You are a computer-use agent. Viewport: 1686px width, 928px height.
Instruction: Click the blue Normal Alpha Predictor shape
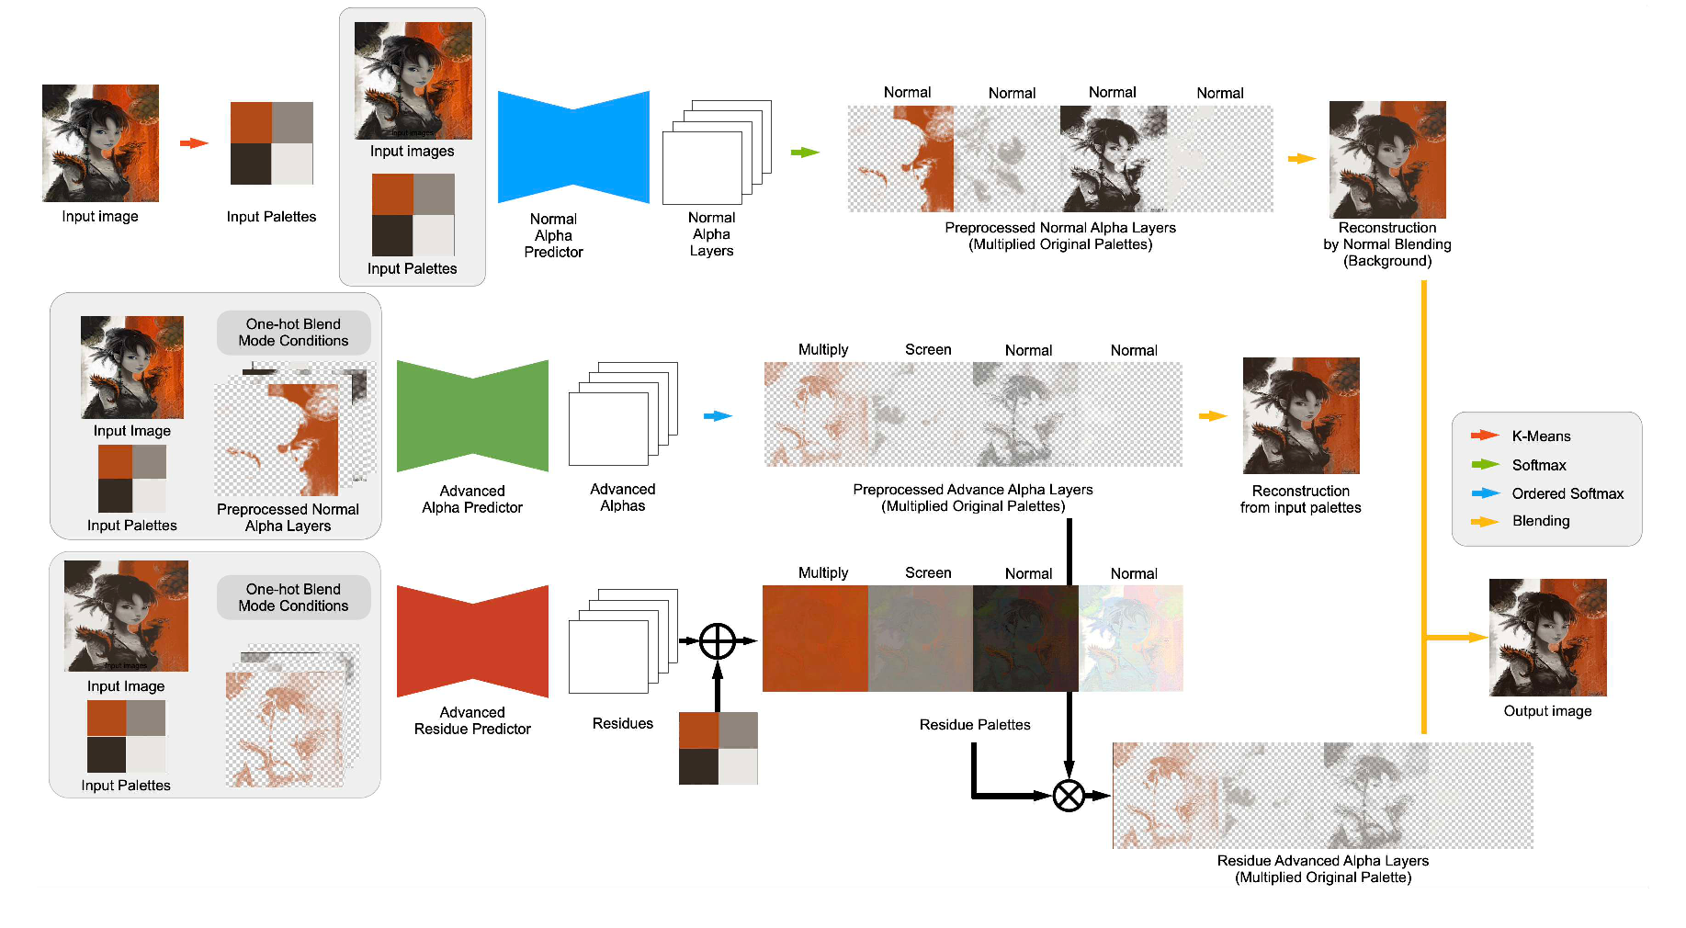pos(573,147)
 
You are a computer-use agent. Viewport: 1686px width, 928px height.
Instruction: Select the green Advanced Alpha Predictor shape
pos(472,416)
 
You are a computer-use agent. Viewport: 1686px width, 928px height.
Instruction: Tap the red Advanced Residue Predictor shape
pos(472,641)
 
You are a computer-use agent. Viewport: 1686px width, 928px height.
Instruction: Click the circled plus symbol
pos(718,641)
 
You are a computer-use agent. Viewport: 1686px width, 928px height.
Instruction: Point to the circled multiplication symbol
pos(1069,796)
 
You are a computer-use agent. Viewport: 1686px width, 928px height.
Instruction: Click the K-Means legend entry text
pos(1541,436)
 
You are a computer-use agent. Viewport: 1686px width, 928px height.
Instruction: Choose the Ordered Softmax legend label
pos(1567,493)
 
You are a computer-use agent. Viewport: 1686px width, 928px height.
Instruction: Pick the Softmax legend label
pos(1539,465)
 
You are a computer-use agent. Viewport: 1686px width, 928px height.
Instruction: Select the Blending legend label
pos(1541,521)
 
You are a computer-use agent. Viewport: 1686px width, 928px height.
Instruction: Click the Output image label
pos(1547,711)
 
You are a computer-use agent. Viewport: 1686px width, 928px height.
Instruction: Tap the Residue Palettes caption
pos(975,725)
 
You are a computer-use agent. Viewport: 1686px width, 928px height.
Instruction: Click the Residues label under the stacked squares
pos(622,724)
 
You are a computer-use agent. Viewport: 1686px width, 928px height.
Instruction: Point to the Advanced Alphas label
pos(622,498)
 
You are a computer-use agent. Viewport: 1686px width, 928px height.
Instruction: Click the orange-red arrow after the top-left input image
pos(194,143)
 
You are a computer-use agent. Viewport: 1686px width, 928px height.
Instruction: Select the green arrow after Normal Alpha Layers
pos(805,153)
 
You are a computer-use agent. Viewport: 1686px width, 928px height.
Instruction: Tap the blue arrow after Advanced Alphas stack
pos(718,416)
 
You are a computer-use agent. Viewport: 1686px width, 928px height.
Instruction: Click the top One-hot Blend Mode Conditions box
pos(293,333)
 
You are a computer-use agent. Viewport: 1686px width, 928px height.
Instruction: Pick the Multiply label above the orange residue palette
pos(823,573)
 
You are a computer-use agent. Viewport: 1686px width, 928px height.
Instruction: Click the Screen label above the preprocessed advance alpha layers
pos(928,350)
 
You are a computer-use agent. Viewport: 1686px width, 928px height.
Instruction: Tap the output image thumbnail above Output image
pos(1547,638)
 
